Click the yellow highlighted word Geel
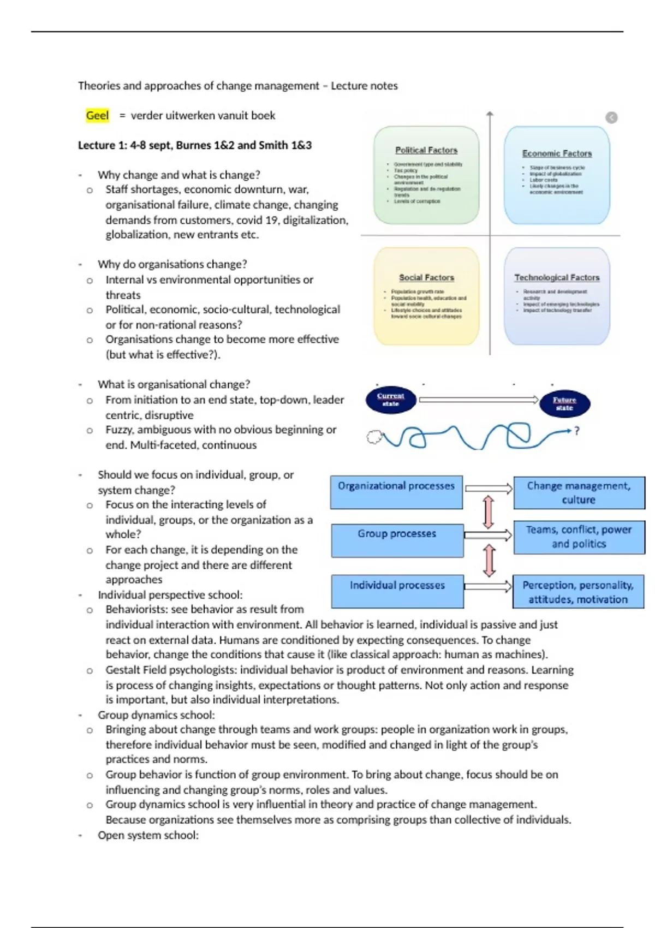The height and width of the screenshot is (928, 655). click(97, 115)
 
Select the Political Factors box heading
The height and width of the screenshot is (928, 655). click(426, 150)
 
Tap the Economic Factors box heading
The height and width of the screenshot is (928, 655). click(557, 153)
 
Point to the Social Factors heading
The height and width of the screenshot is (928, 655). click(426, 277)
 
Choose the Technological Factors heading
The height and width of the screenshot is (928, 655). click(557, 277)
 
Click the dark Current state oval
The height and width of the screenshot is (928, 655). click(391, 400)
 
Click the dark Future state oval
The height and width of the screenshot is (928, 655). click(564, 403)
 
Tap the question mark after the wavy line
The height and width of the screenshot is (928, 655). click(576, 431)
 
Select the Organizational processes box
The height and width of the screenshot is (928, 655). click(396, 492)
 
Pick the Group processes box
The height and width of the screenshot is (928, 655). click(397, 540)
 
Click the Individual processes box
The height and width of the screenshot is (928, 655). click(397, 591)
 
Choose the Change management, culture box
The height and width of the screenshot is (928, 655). click(579, 492)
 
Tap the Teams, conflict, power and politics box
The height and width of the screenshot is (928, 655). click(579, 537)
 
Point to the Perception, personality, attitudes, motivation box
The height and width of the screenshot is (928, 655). click(578, 592)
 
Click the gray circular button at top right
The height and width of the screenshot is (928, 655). click(611, 117)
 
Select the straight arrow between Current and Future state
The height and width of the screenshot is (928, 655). click(478, 400)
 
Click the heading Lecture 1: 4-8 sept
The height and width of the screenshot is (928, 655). click(195, 145)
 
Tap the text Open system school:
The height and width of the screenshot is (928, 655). click(148, 835)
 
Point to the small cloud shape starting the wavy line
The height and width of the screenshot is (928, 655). click(374, 437)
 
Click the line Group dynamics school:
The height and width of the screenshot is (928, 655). click(156, 715)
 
